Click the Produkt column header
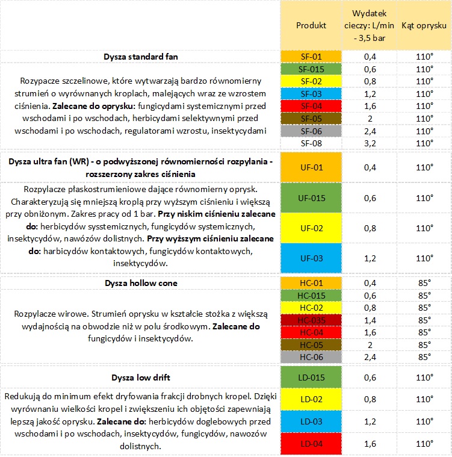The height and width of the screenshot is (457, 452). click(311, 25)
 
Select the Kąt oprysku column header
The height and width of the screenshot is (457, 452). click(424, 25)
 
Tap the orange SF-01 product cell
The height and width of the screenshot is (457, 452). click(311, 57)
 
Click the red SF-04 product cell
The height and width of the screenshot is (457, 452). click(311, 106)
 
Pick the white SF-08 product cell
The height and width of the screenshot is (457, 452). click(311, 143)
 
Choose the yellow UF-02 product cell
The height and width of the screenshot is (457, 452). click(311, 228)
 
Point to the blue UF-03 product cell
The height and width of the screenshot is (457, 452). click(311, 258)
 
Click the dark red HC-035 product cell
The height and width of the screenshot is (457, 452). click(311, 320)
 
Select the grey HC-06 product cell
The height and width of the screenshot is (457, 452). click(311, 357)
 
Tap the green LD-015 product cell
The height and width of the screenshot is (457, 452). click(311, 378)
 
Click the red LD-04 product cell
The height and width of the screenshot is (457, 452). click(311, 444)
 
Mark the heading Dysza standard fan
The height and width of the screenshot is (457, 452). click(140, 57)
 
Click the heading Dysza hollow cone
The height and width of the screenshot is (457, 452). click(140, 283)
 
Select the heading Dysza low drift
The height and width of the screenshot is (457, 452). click(140, 378)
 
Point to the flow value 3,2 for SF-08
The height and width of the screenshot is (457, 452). click(370, 143)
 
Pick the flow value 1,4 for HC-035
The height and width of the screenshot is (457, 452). click(370, 320)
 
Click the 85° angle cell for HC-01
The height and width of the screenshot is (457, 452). click(424, 283)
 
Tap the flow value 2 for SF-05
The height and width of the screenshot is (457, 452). click(370, 119)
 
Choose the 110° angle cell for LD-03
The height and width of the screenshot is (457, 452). click(424, 421)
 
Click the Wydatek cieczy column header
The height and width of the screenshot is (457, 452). click(370, 25)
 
